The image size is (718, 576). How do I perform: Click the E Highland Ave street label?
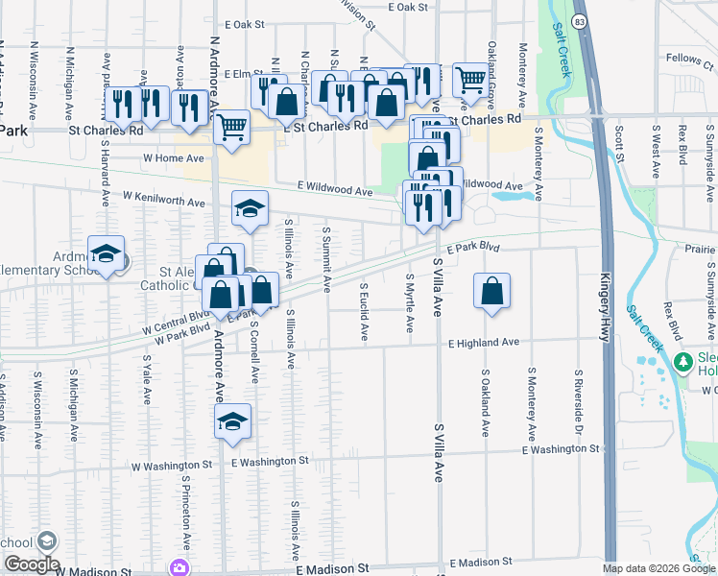(484, 342)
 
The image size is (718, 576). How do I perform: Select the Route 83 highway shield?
(579, 20)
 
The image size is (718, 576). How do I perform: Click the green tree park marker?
(683, 363)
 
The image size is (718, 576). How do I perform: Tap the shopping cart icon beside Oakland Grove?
(469, 80)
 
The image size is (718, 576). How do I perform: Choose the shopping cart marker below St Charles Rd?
(231, 127)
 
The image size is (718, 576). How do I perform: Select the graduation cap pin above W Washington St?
(231, 421)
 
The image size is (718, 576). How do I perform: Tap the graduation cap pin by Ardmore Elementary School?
(107, 253)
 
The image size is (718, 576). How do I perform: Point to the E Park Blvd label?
(472, 247)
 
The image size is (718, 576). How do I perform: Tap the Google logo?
(31, 564)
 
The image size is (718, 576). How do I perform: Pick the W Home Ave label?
(174, 156)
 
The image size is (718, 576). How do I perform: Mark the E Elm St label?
(244, 73)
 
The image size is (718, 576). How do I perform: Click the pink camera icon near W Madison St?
(179, 567)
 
